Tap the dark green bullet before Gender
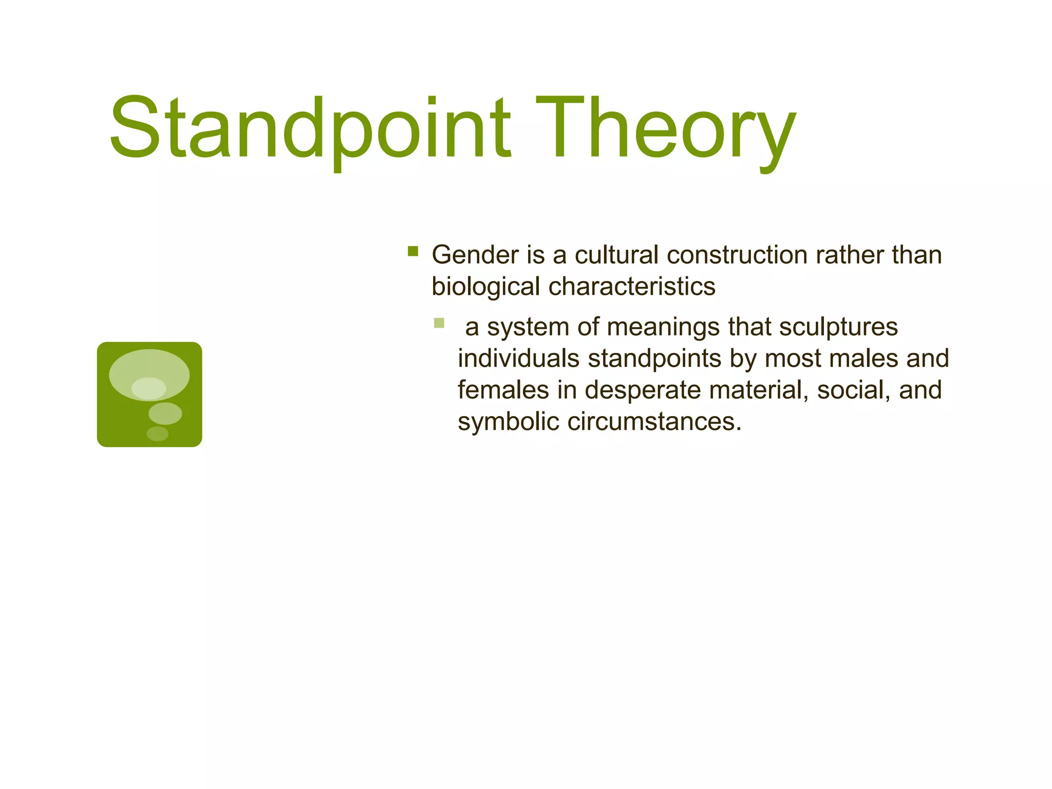[412, 251]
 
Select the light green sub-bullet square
[439, 323]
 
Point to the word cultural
[616, 255]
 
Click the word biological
[485, 287]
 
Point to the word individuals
[518, 359]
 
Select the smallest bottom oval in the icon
[157, 434]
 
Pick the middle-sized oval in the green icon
[165, 413]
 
